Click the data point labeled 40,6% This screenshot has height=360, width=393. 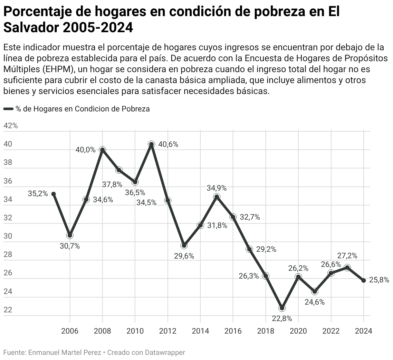pyautogui.click(x=151, y=144)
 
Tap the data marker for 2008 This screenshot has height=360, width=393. pyautogui.click(x=102, y=150)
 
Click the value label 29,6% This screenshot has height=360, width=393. pyautogui.click(x=184, y=256)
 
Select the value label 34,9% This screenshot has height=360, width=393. pyautogui.click(x=217, y=188)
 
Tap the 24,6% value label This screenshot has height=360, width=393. pyautogui.click(x=315, y=302)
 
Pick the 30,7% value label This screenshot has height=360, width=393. pyautogui.click(x=70, y=246)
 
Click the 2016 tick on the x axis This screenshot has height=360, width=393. pyautogui.click(x=233, y=331)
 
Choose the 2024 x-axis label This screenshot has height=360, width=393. pyautogui.click(x=363, y=331)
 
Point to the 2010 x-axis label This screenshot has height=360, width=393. pyautogui.click(x=135, y=331)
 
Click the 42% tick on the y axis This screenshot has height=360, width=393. pyautogui.click(x=11, y=126)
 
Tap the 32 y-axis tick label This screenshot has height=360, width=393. pyautogui.click(x=8, y=218)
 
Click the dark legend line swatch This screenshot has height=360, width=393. pyautogui.click(x=8, y=109)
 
